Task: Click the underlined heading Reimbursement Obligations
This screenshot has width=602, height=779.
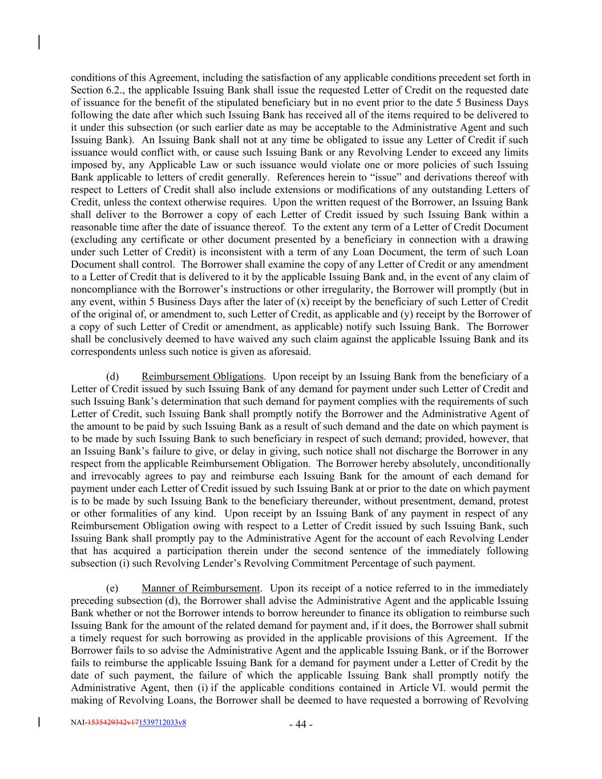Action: click(203, 377)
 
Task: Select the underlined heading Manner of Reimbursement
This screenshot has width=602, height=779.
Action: click(201, 588)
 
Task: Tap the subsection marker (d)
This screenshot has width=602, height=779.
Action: click(112, 377)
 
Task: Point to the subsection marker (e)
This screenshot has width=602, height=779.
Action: click(112, 588)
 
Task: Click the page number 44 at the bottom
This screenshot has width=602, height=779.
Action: click(301, 725)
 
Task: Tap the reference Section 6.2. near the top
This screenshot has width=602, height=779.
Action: click(95, 90)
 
